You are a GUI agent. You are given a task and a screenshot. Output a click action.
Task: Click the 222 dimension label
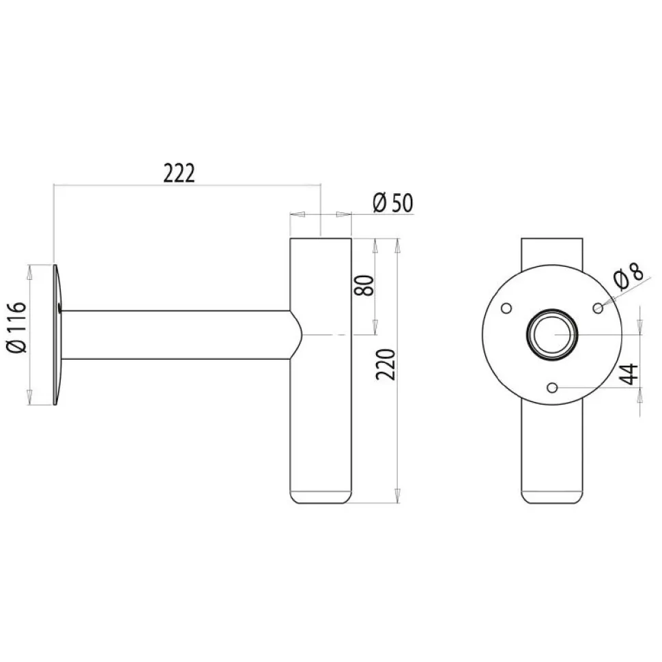coord(179,173)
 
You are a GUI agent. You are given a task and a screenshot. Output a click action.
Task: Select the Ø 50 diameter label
coord(393,203)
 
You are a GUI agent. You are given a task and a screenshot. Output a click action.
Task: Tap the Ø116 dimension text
coord(17,327)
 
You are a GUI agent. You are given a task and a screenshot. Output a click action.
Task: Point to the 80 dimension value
coord(364,285)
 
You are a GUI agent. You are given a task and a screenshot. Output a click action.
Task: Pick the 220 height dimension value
coord(386,364)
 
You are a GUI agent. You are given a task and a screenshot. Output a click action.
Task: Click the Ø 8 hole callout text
coord(629,276)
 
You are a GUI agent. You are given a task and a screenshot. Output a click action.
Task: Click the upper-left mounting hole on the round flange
coord(506,308)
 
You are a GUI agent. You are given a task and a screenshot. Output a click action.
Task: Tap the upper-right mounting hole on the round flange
coord(599,308)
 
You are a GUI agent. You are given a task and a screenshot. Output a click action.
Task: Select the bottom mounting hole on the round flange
coord(552,388)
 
